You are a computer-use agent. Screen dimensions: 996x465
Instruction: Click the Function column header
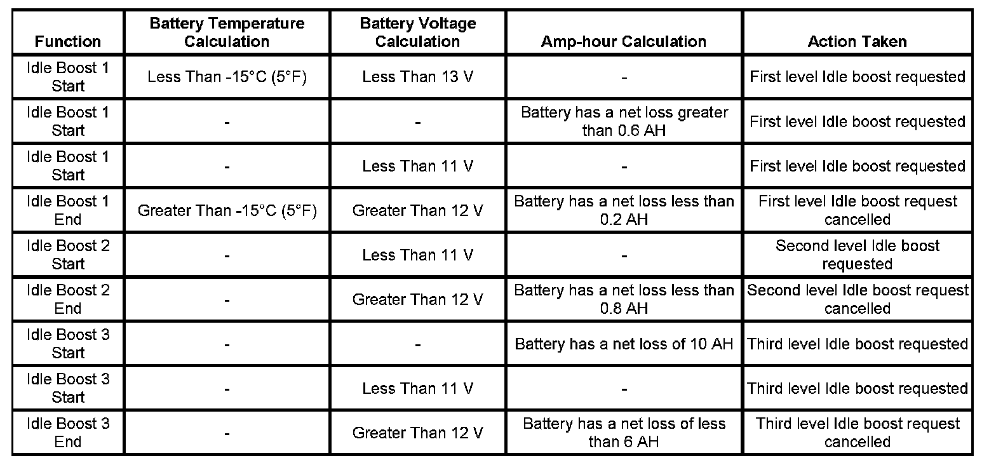pyautogui.click(x=68, y=41)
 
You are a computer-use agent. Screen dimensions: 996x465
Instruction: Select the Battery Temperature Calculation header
pyautogui.click(x=227, y=32)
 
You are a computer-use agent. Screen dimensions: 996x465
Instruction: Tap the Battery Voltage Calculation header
pyautogui.click(x=417, y=32)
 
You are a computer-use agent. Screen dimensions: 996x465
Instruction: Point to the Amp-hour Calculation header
pyautogui.click(x=623, y=41)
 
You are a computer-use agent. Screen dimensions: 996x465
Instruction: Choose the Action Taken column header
pyautogui.click(x=857, y=41)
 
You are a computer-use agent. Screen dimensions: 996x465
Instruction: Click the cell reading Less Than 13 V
pyautogui.click(x=417, y=77)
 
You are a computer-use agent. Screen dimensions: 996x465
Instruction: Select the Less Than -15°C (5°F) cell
pyautogui.click(x=227, y=77)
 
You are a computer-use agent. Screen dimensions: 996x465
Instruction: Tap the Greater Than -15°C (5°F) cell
pyautogui.click(x=227, y=210)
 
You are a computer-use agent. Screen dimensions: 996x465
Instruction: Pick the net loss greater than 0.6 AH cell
pyautogui.click(x=624, y=121)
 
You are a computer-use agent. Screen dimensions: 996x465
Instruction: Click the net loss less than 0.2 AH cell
pyautogui.click(x=624, y=210)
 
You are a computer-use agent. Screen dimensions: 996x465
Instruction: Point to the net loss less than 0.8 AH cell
pyautogui.click(x=624, y=299)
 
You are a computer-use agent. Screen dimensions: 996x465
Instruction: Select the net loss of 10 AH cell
pyautogui.click(x=624, y=344)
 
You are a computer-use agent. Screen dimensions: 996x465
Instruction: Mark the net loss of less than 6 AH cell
pyautogui.click(x=624, y=433)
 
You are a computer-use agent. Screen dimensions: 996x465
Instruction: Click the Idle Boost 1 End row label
pyautogui.click(x=68, y=210)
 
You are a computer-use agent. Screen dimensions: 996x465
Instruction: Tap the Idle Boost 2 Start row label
pyautogui.click(x=68, y=255)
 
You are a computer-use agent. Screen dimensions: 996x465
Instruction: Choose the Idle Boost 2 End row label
pyautogui.click(x=68, y=299)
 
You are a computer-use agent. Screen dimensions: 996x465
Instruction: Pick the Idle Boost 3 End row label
pyautogui.click(x=68, y=433)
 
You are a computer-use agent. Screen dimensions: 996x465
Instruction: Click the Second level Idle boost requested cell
pyautogui.click(x=857, y=255)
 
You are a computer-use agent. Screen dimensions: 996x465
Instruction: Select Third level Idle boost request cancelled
pyautogui.click(x=857, y=433)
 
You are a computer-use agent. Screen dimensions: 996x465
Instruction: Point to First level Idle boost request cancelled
pyautogui.click(x=857, y=210)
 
